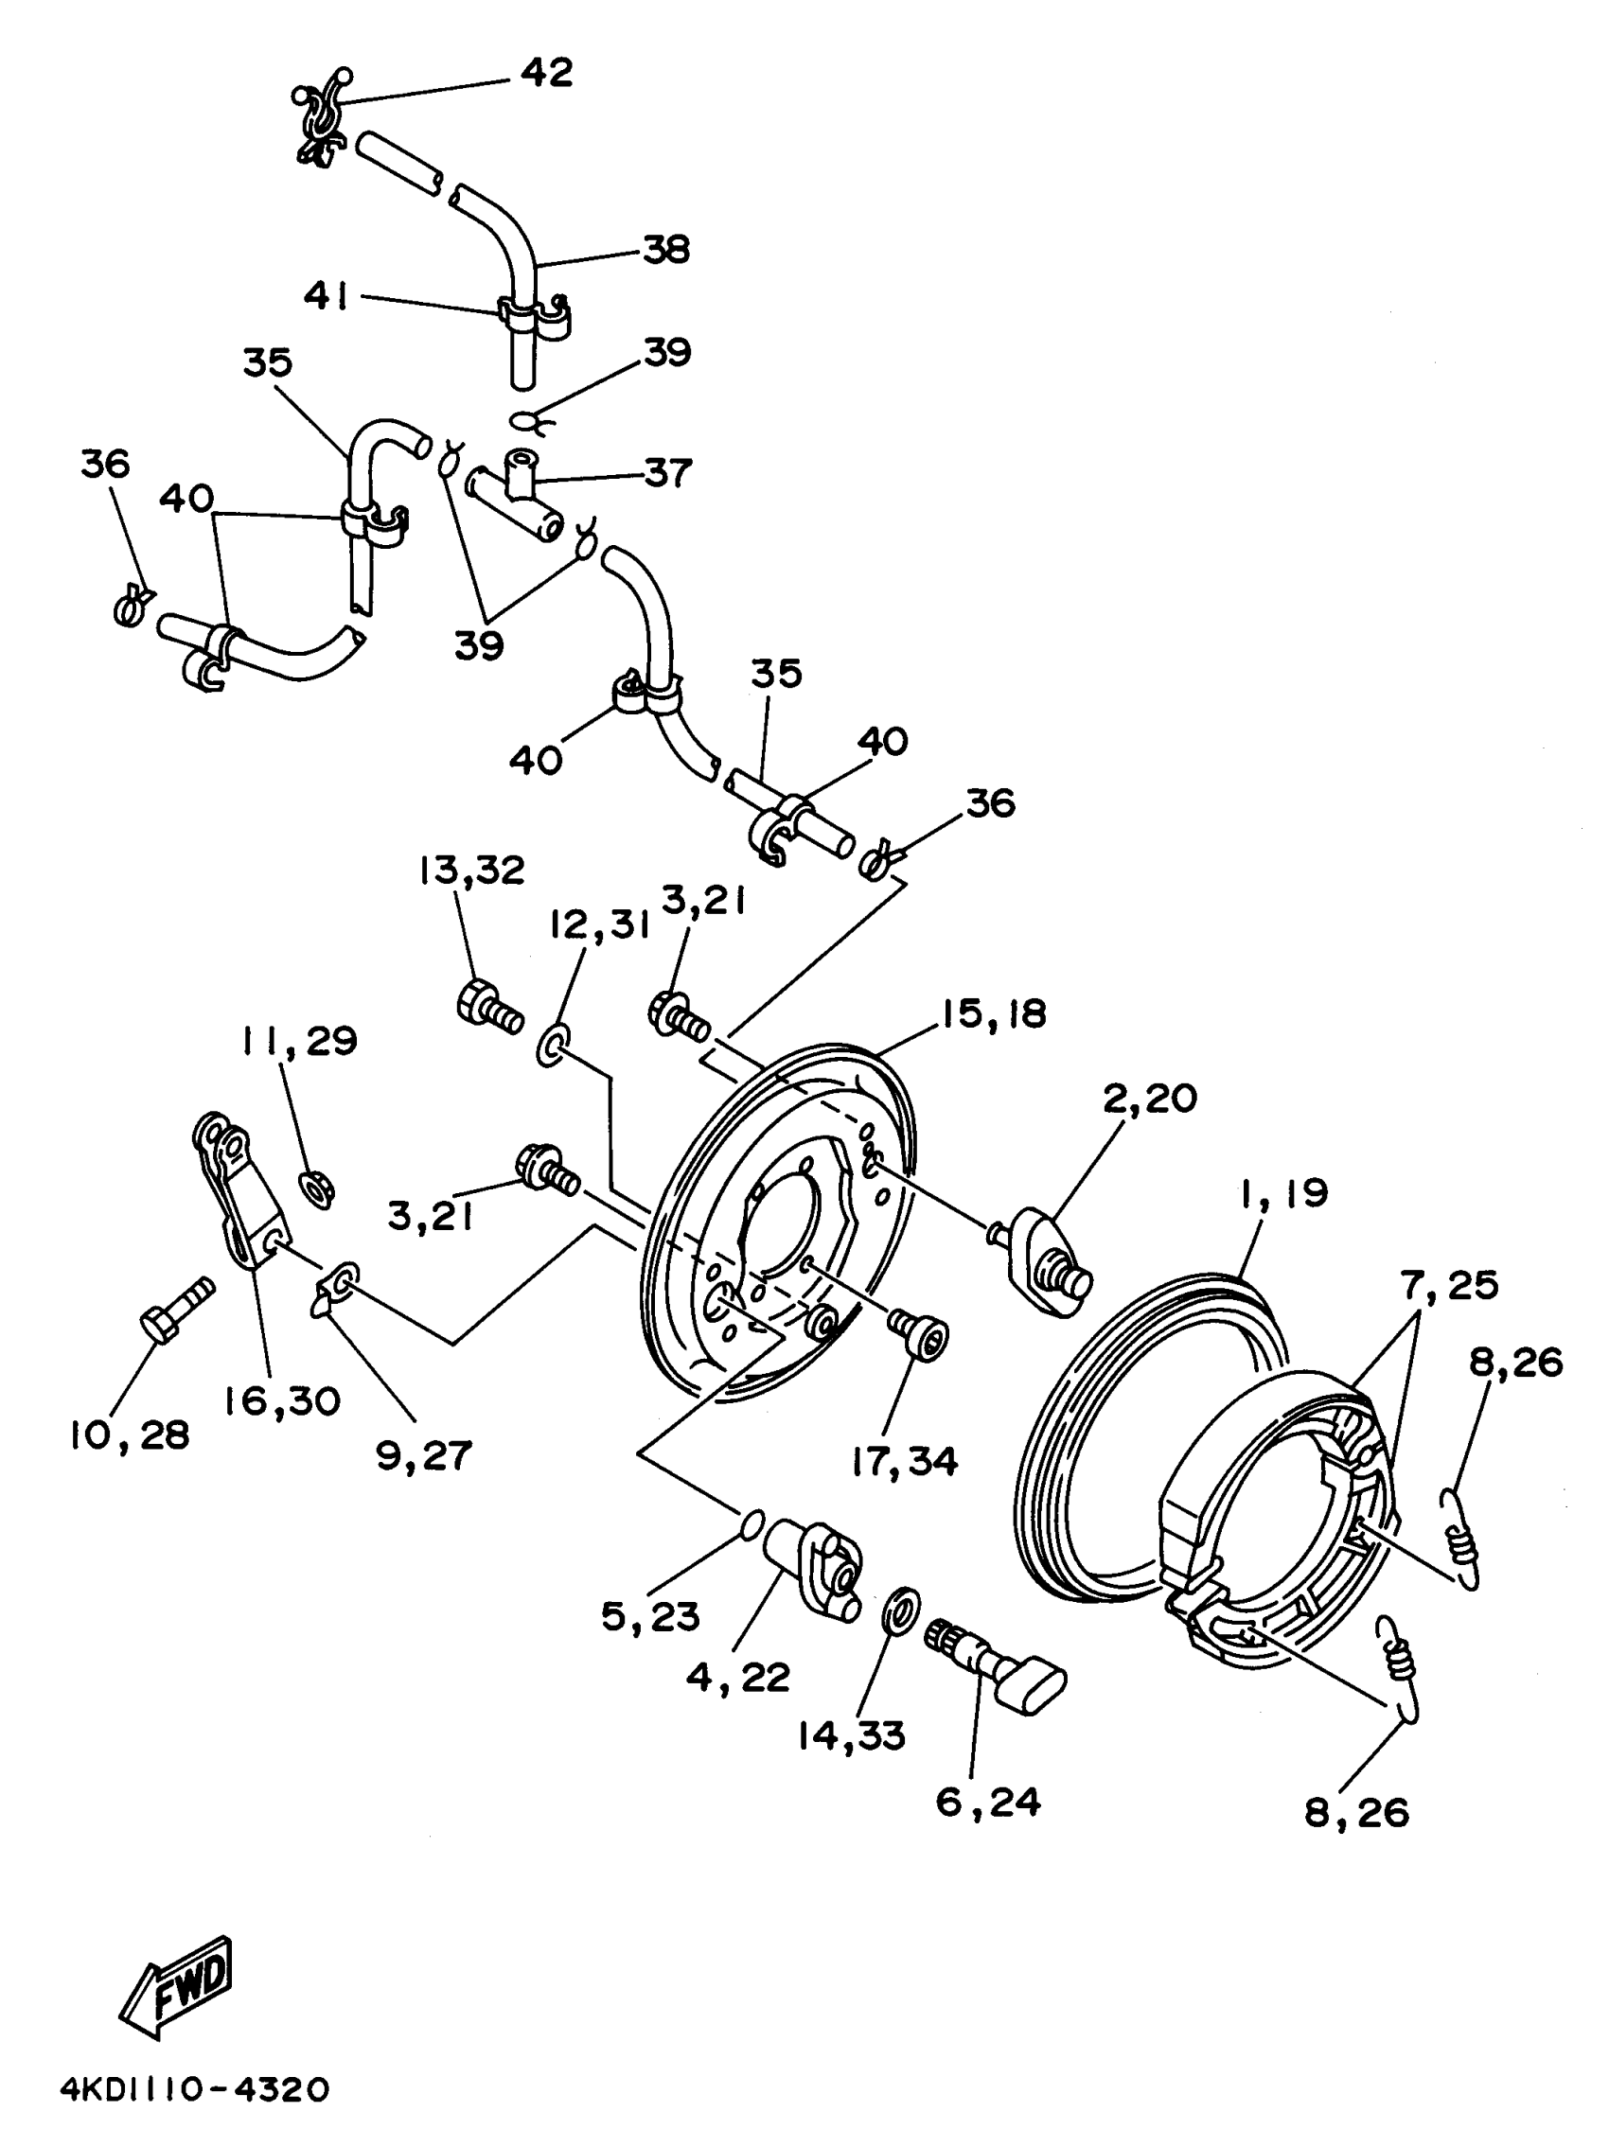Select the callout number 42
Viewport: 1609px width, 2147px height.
pyautogui.click(x=547, y=73)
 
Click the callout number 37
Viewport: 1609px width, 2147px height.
pyautogui.click(x=667, y=473)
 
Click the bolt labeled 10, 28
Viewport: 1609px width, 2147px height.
pyautogui.click(x=178, y=1309)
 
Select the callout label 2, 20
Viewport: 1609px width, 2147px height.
pyautogui.click(x=1150, y=1098)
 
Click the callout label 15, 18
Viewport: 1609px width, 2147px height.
pyautogui.click(x=993, y=1013)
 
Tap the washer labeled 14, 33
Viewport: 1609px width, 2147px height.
pyautogui.click(x=902, y=1610)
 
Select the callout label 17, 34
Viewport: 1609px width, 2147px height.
pyautogui.click(x=904, y=1460)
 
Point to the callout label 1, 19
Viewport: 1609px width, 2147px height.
pyautogui.click(x=1284, y=1193)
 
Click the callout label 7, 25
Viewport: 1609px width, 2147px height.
pyautogui.click(x=1449, y=1285)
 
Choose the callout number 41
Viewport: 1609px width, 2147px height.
pyautogui.click(x=326, y=296)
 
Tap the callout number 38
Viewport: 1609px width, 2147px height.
pyautogui.click(x=665, y=250)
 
